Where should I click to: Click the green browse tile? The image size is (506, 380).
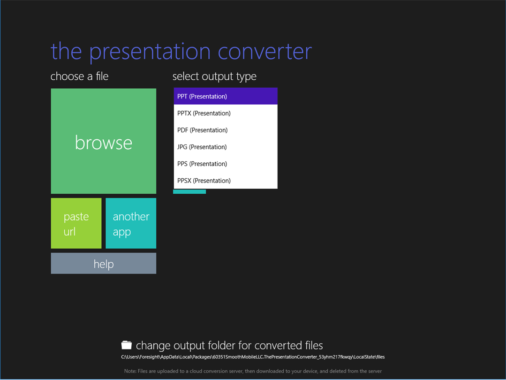click(104, 141)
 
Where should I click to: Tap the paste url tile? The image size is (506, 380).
click(76, 223)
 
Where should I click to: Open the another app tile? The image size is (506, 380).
click(131, 223)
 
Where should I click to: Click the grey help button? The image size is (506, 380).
click(104, 264)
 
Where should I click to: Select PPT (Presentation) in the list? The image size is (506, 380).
click(226, 96)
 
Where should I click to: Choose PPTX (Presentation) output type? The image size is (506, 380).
click(226, 114)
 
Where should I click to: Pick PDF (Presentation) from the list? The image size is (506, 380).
click(226, 130)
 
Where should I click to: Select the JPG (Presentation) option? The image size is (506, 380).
click(226, 147)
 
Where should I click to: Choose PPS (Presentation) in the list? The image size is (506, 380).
click(226, 164)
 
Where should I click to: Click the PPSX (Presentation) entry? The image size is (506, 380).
click(226, 181)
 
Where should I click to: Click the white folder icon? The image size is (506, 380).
click(127, 345)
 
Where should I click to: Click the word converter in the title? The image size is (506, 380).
click(265, 52)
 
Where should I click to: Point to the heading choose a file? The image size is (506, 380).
click(79, 76)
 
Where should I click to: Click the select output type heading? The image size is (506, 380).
click(214, 77)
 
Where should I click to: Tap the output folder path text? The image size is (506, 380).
click(253, 357)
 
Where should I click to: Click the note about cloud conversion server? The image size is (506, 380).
click(253, 371)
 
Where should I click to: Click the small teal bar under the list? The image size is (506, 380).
click(189, 192)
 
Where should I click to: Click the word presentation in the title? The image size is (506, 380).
click(150, 52)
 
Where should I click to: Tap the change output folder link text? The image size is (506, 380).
click(229, 345)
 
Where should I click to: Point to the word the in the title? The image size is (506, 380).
click(66, 51)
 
